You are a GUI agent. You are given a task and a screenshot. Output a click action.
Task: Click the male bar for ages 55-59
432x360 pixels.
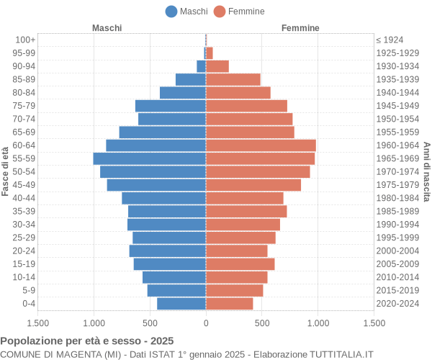pos(150,158)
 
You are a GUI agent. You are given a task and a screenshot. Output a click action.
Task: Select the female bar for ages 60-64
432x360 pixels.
pos(261,145)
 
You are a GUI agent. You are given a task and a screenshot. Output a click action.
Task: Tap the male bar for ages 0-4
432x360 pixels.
pos(181,304)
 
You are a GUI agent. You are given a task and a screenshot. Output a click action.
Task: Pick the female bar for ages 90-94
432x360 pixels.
pos(217,66)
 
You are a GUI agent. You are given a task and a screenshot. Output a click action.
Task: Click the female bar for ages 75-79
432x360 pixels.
pos(246,106)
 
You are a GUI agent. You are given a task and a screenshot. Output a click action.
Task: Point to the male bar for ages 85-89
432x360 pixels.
pos(191,79)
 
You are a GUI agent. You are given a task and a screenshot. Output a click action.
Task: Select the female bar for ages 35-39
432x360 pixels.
pos(246,211)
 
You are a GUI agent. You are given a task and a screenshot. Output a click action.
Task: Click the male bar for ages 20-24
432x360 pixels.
pos(168,251)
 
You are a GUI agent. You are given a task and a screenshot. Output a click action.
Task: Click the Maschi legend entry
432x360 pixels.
pos(186,11)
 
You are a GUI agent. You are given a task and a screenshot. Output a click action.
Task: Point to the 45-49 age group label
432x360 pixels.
pos(24,185)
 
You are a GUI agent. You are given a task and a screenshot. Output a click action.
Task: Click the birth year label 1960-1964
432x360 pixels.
pos(397,145)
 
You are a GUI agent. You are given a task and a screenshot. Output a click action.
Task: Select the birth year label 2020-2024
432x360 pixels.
pos(397,304)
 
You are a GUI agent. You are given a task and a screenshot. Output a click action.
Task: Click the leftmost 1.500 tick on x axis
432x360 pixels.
pos(37,324)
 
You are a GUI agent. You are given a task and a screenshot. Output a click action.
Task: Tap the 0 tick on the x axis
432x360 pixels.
pos(206,324)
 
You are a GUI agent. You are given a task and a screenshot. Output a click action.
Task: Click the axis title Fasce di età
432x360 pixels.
pos(6,171)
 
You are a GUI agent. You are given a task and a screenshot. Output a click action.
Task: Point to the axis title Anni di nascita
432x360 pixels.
pos(426,171)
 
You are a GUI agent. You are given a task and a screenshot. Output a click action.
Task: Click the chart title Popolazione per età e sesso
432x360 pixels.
pos(87,341)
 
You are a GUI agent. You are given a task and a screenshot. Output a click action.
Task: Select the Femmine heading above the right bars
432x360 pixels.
pos(300,27)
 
